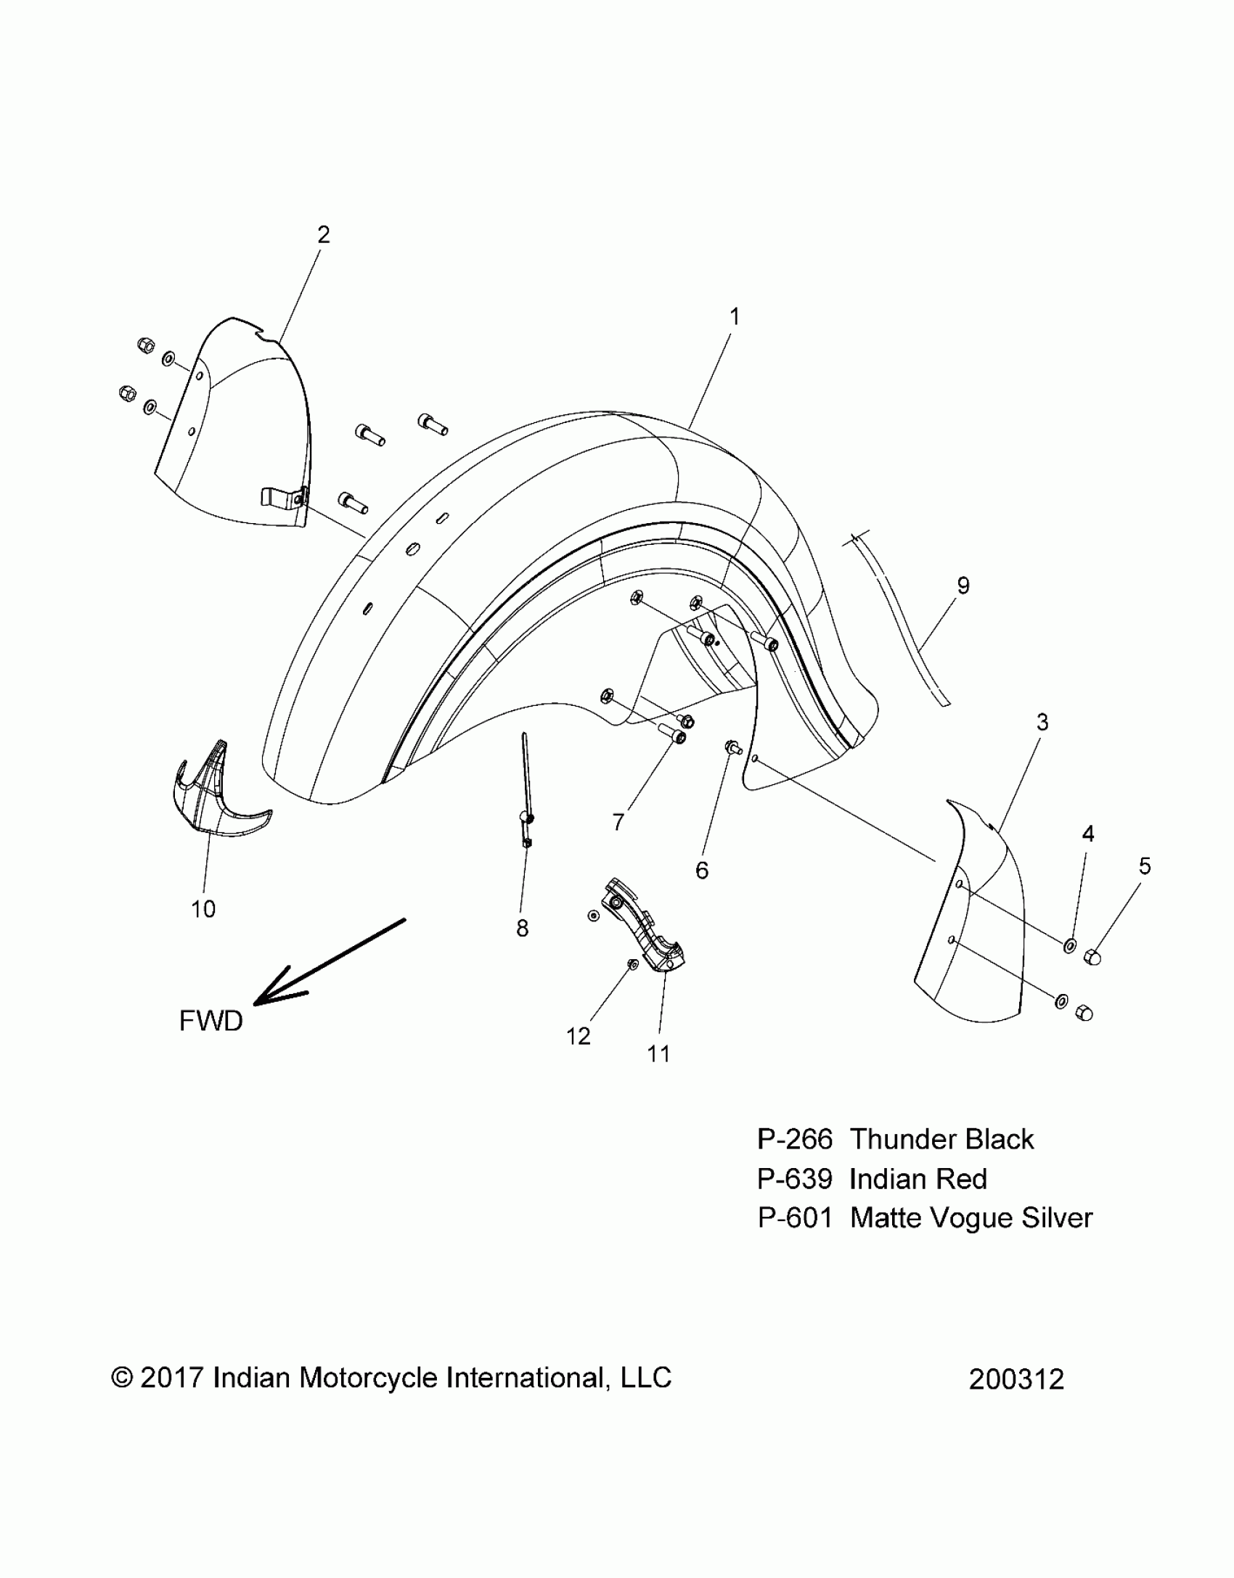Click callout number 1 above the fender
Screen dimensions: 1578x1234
[735, 317]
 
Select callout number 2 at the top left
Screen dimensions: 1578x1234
[324, 234]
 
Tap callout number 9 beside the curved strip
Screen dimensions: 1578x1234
[963, 585]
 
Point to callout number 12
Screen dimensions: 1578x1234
[578, 1037]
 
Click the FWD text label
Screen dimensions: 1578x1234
[211, 1022]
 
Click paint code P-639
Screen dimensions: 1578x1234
[794, 1180]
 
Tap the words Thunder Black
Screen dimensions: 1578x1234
[941, 1140]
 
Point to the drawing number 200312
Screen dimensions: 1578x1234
[1016, 1379]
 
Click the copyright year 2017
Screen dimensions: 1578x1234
[171, 1378]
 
